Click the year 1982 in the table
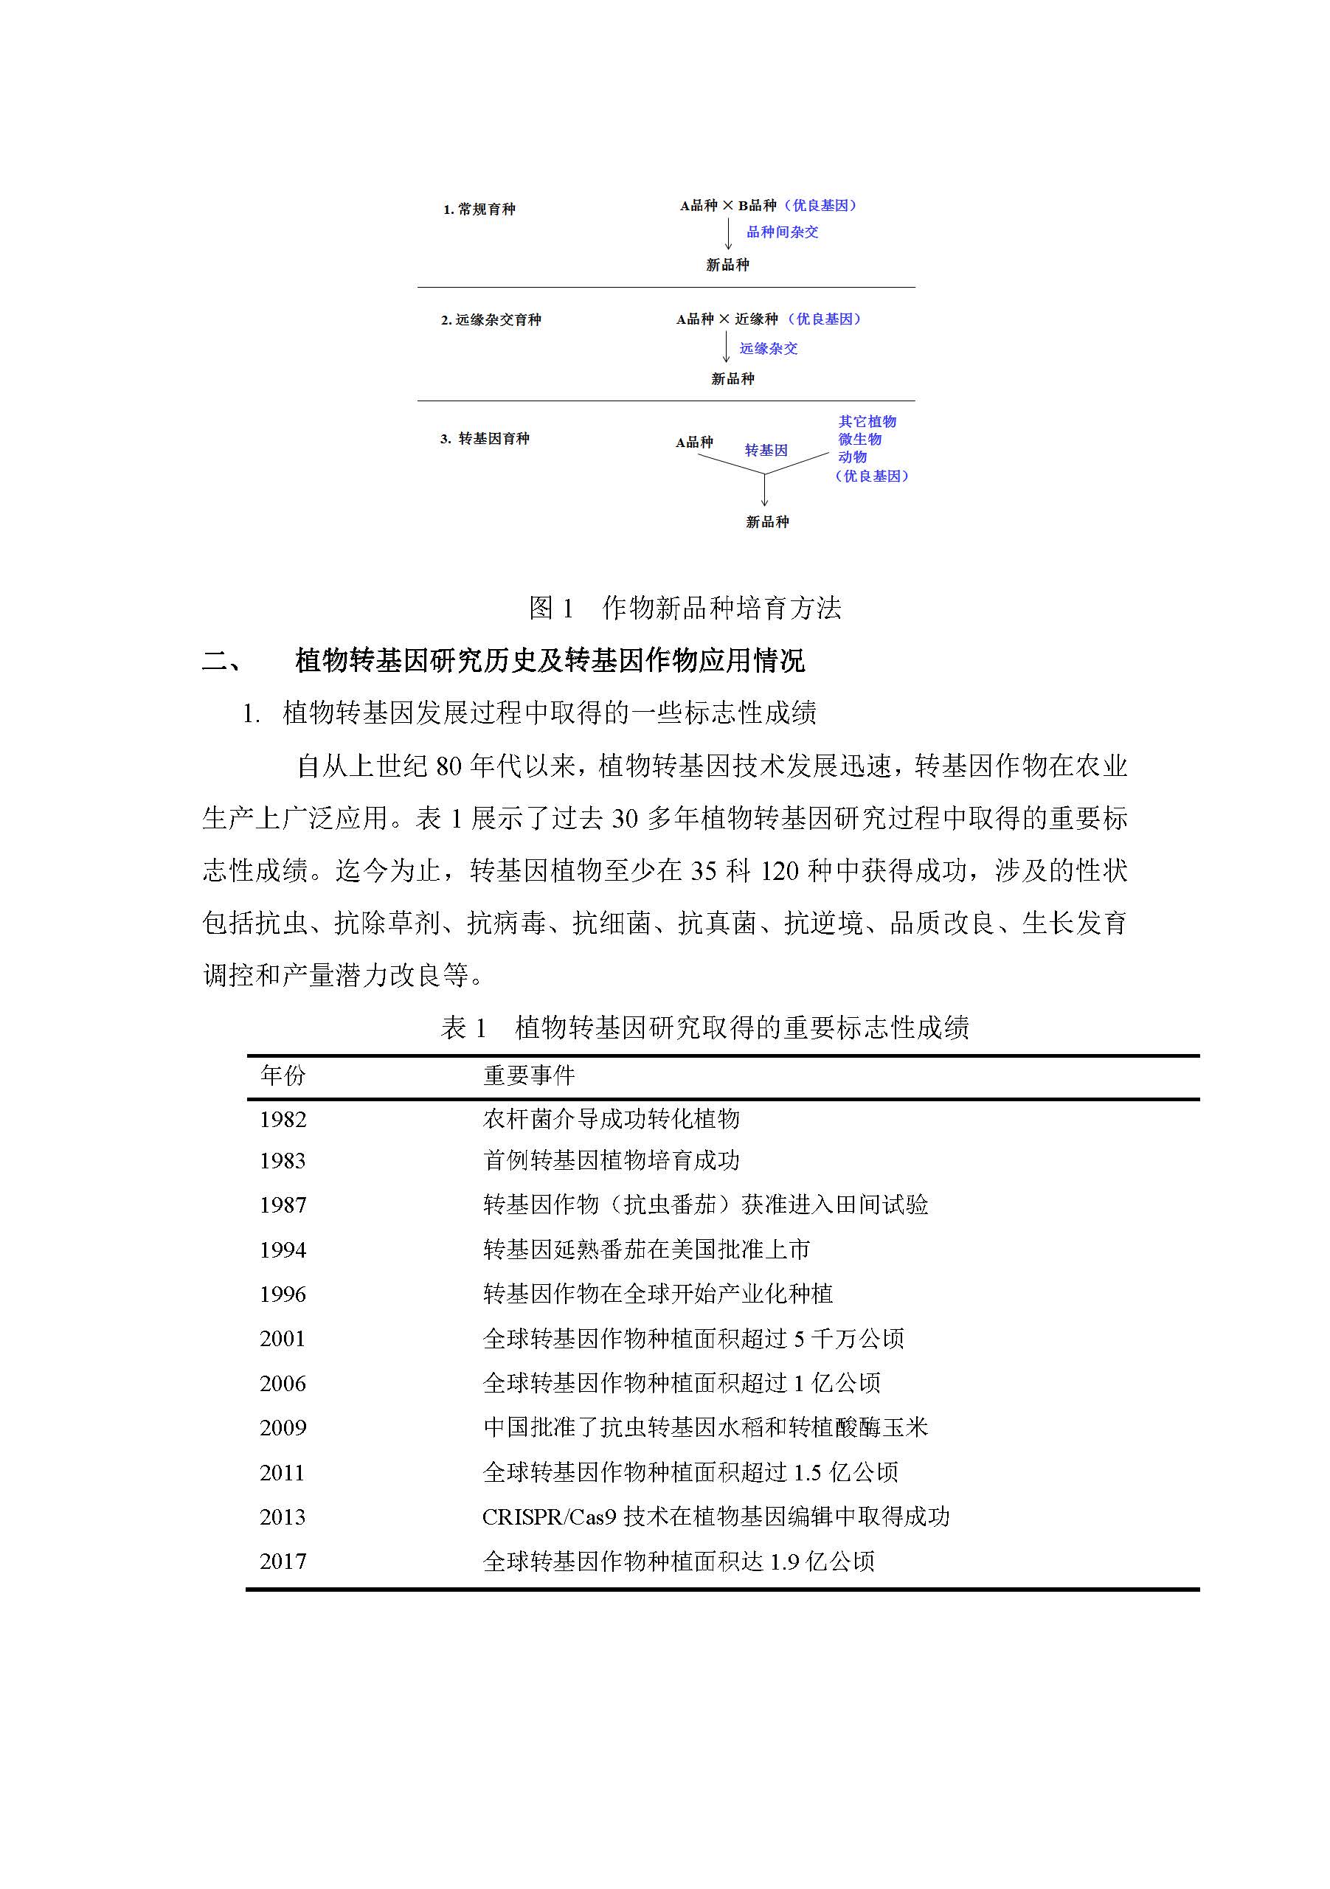point(283,1120)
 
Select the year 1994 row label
point(283,1250)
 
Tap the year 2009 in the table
point(283,1427)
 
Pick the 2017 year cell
point(283,1562)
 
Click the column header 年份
point(283,1075)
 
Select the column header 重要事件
point(528,1075)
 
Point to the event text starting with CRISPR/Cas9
point(716,1517)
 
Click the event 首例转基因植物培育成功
point(611,1161)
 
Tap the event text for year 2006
point(682,1383)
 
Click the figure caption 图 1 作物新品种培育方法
point(684,608)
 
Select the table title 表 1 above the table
point(704,1027)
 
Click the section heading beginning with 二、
point(503,661)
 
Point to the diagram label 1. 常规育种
point(479,209)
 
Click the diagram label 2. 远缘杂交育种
point(491,320)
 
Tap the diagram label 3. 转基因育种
point(484,440)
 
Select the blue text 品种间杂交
point(782,232)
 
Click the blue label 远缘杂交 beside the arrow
point(768,349)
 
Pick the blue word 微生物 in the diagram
point(859,440)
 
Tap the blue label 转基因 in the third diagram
point(766,450)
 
